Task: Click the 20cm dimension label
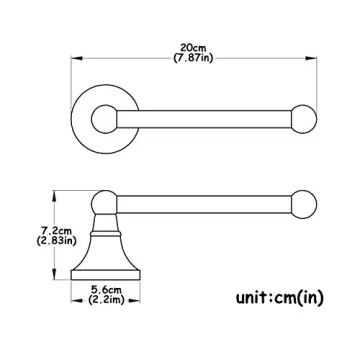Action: pos(193,49)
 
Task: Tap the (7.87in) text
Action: pos(193,58)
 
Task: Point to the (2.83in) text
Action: pos(57,240)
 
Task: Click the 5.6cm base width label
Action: pos(106,290)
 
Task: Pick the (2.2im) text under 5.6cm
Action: pos(106,300)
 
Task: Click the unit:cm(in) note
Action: pos(280,298)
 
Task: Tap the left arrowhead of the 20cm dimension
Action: pos(77,58)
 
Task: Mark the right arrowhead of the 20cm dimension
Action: pos(311,58)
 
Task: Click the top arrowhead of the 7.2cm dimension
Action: pos(54,196)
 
